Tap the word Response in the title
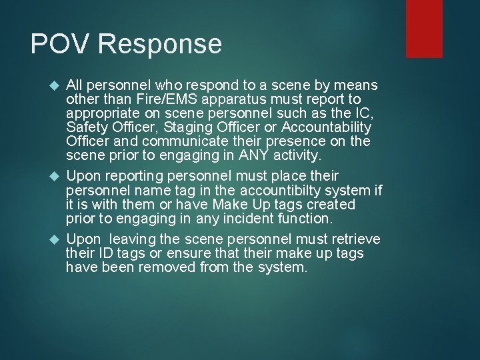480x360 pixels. pos(159,44)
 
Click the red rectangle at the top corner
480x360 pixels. pos(424,28)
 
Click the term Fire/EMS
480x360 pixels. pos(154,99)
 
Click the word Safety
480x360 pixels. pos(84,127)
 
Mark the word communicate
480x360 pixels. pos(175,141)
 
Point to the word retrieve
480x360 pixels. pos(355,239)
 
